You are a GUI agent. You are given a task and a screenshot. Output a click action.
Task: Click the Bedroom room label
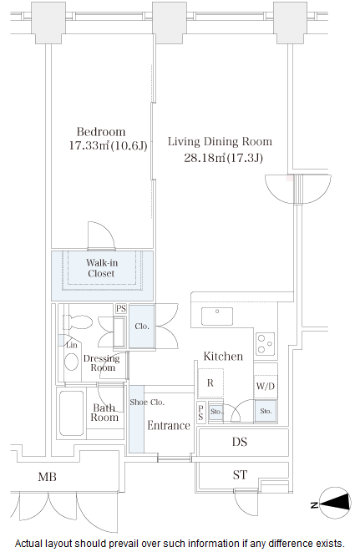click(x=101, y=132)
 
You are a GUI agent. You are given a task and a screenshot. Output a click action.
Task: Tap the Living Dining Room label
click(x=220, y=142)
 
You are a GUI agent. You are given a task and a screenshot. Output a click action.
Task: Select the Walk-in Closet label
click(x=101, y=267)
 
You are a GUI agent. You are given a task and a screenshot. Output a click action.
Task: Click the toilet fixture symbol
click(x=78, y=322)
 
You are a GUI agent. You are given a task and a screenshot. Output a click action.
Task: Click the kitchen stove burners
click(x=266, y=342)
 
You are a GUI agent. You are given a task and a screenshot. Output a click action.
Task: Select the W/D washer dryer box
click(x=266, y=387)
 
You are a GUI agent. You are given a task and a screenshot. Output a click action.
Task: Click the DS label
click(x=240, y=442)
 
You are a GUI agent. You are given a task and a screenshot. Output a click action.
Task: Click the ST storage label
click(x=240, y=475)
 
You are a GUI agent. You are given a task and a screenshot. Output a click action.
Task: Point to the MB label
click(x=47, y=477)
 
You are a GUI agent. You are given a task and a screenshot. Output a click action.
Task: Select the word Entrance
click(x=169, y=425)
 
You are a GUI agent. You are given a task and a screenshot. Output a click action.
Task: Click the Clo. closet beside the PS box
click(x=140, y=327)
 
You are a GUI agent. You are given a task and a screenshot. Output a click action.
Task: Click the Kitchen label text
click(x=223, y=357)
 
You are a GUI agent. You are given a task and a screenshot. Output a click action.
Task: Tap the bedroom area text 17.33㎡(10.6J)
click(x=108, y=146)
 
